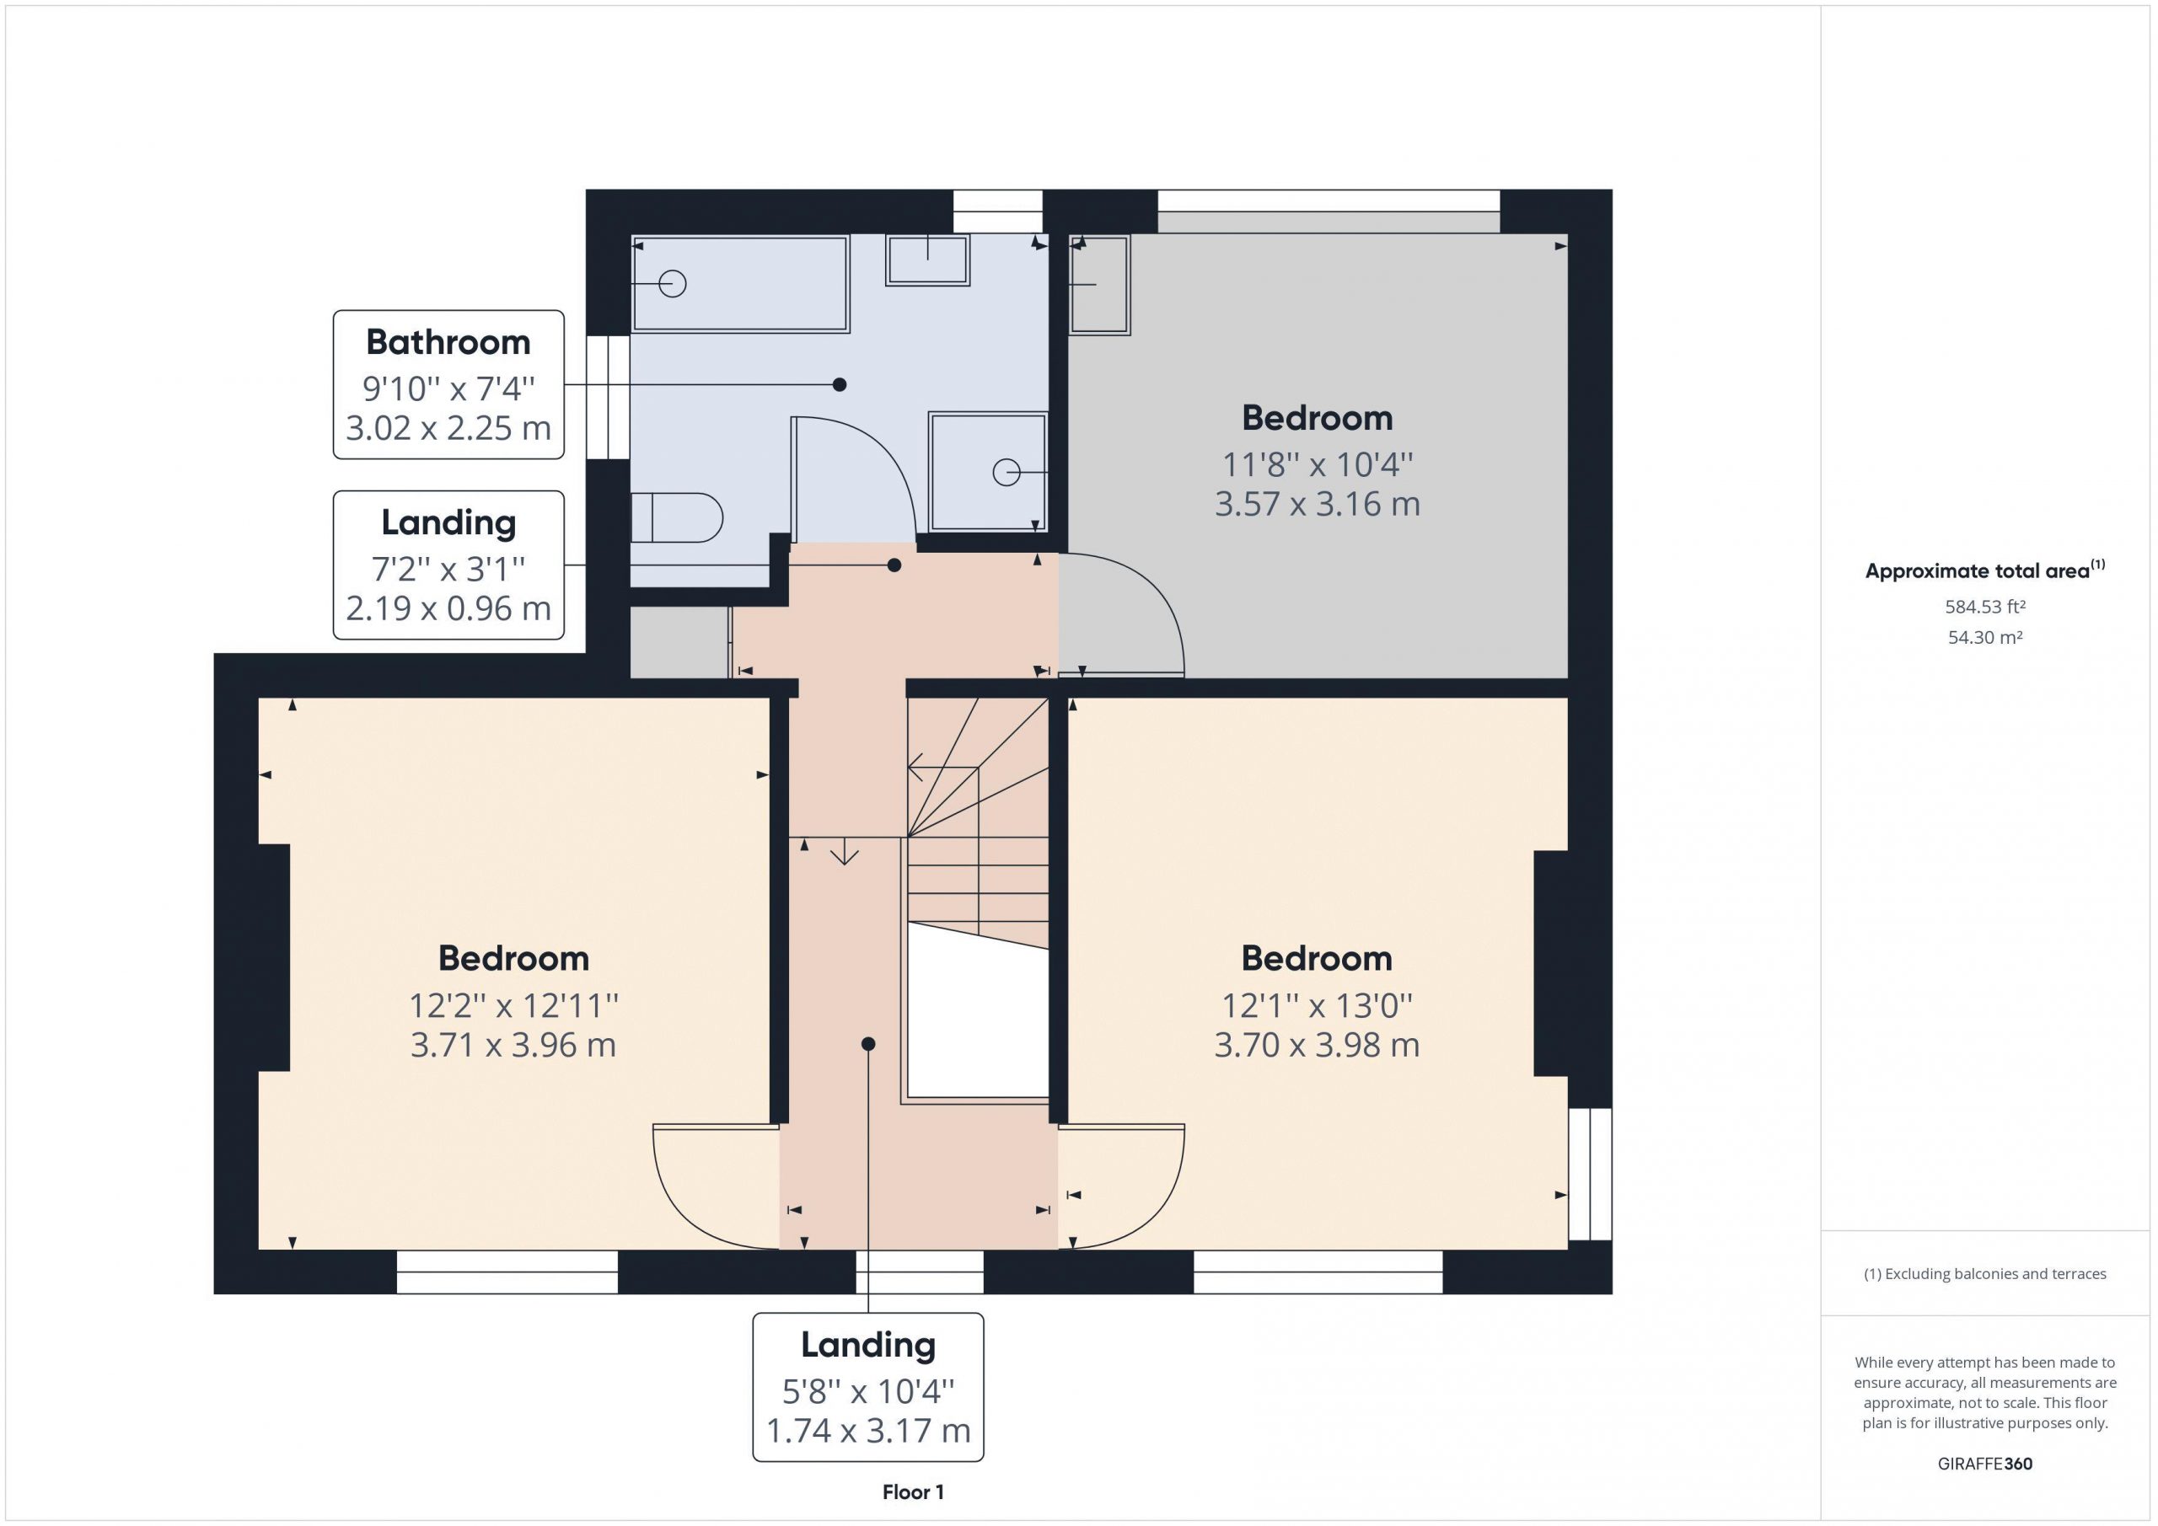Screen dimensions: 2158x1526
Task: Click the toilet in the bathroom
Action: pyautogui.click(x=676, y=517)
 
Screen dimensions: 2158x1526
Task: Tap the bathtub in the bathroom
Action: pyautogui.click(x=741, y=284)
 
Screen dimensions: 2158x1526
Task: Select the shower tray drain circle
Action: pyautogui.click(x=1007, y=472)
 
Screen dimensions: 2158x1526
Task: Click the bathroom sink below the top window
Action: pyautogui.click(x=927, y=260)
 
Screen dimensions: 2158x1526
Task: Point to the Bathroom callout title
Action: pyautogui.click(x=448, y=342)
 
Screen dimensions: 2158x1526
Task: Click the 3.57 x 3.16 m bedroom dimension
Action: pyautogui.click(x=1317, y=505)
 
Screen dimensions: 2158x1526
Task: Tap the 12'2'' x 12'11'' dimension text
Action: pyautogui.click(x=513, y=1006)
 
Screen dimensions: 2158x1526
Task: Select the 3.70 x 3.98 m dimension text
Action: pyautogui.click(x=1317, y=1045)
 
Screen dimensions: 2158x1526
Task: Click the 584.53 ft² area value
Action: pyautogui.click(x=1985, y=607)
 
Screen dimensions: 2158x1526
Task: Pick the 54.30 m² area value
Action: pyautogui.click(x=1985, y=637)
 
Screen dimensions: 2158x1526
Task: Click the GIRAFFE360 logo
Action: pyautogui.click(x=1985, y=1463)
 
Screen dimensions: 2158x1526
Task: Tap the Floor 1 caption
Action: pyautogui.click(x=913, y=1492)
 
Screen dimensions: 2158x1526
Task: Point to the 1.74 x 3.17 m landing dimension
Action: pyautogui.click(x=868, y=1430)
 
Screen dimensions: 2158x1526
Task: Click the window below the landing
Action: pyautogui.click(x=919, y=1272)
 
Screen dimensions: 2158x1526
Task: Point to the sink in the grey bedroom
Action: pyautogui.click(x=1100, y=284)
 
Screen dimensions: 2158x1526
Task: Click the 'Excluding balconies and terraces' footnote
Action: pyautogui.click(x=1985, y=1274)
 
